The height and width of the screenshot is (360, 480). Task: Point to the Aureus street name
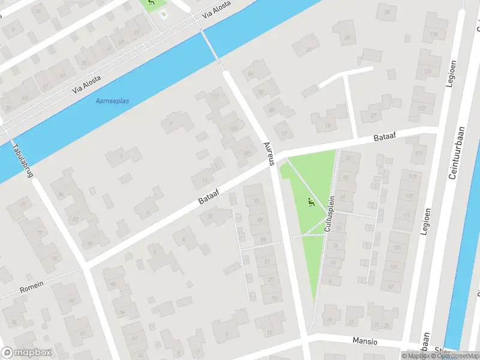pyautogui.click(x=269, y=154)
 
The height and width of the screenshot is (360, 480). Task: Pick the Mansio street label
pyautogui.click(x=365, y=341)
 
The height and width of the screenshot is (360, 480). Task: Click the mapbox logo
pyautogui.click(x=26, y=353)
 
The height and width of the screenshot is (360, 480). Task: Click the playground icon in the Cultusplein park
pyautogui.click(x=310, y=202)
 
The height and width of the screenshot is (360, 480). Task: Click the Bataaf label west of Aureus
pyautogui.click(x=208, y=196)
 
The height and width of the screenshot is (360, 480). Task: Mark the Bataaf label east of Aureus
pyautogui.click(x=383, y=137)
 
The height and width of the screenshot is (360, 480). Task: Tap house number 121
pyautogui.click(x=419, y=154)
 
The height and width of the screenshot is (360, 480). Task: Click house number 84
pyautogui.click(x=251, y=74)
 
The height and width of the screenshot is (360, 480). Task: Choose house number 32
pyautogui.click(x=348, y=158)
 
